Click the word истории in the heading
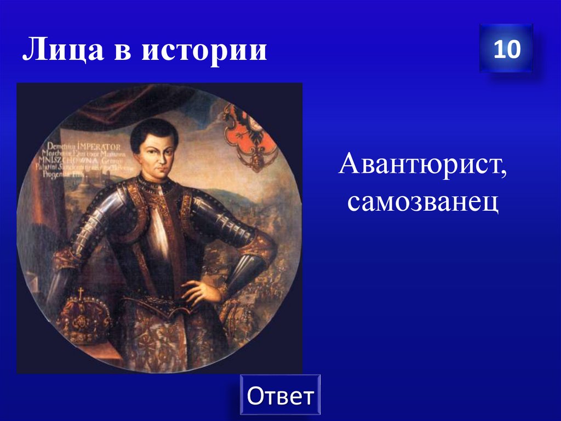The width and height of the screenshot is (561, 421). [205, 50]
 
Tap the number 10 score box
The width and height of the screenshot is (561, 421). [506, 49]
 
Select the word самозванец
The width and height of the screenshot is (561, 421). [422, 203]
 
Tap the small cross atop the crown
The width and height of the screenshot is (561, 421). [81, 293]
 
